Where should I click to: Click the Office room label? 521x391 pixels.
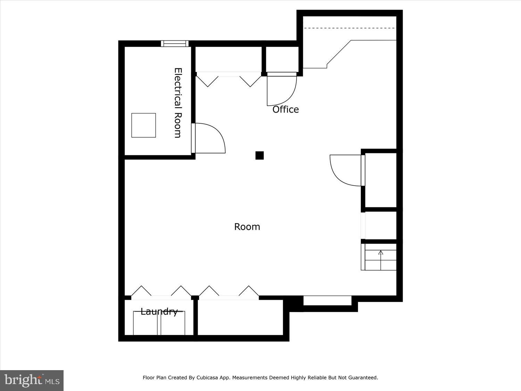[286, 109]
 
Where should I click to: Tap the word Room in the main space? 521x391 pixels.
[247, 227]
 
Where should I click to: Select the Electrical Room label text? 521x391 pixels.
[178, 103]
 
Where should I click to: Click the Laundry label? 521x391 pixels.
[159, 311]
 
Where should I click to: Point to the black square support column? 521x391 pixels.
[259, 155]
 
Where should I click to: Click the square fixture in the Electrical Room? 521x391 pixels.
[143, 125]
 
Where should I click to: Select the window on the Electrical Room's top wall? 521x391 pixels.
[175, 43]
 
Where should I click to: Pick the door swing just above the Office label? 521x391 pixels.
[281, 90]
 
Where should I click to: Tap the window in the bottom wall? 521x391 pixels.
[327, 301]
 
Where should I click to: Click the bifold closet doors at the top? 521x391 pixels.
[229, 79]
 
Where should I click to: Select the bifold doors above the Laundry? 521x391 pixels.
[161, 292]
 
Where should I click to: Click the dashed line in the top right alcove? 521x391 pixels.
[350, 28]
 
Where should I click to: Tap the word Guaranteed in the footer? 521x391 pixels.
[363, 377]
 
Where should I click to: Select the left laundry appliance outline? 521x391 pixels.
[145, 323]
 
